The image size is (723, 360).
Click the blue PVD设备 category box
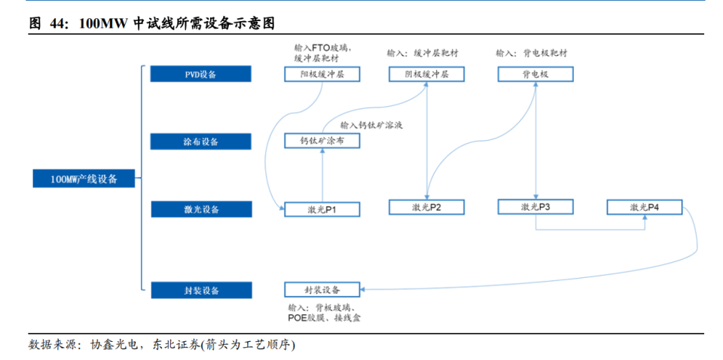click(200, 75)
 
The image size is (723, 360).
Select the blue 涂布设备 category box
click(200, 142)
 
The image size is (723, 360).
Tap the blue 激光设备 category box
click(200, 209)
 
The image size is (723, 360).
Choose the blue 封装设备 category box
click(200, 290)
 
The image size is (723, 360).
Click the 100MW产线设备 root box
click(84, 179)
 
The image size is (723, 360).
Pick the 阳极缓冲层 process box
click(322, 75)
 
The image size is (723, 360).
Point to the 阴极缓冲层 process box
click(426, 75)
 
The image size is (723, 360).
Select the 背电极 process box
click(535, 75)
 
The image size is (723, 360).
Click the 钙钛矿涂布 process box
click(322, 141)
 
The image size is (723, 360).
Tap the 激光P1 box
click(322, 209)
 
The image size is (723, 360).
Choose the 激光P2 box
click(426, 207)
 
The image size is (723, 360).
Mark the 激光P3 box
click(535, 206)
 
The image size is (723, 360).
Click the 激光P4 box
click(645, 207)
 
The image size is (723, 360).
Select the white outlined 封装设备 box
click(322, 290)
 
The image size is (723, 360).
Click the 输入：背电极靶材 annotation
click(532, 53)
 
